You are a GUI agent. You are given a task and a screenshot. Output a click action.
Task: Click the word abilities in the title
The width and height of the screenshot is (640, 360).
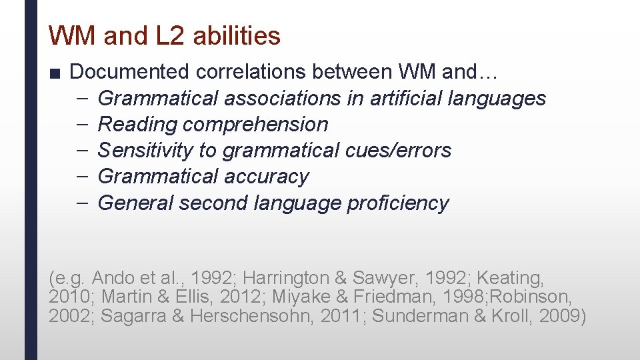pyautogui.click(x=237, y=36)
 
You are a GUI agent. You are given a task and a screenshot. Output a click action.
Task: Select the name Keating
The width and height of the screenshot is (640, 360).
pyautogui.click(x=515, y=277)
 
